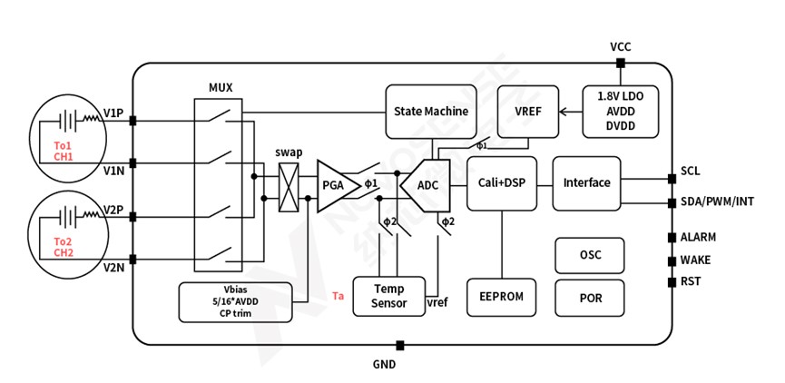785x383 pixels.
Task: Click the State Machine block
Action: (x=431, y=112)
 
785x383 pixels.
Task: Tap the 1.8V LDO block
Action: (x=620, y=111)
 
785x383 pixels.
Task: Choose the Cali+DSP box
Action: (x=502, y=182)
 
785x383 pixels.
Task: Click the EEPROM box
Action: (x=501, y=297)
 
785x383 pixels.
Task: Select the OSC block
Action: (x=590, y=255)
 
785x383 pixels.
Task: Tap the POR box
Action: (x=590, y=297)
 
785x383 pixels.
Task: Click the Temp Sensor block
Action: (x=389, y=295)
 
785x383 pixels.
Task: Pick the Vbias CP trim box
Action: (x=236, y=302)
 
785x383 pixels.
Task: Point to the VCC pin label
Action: (x=621, y=46)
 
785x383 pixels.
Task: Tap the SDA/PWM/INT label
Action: (x=717, y=201)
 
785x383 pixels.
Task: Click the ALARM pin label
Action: (x=698, y=237)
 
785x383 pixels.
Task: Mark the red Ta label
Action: (x=339, y=296)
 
